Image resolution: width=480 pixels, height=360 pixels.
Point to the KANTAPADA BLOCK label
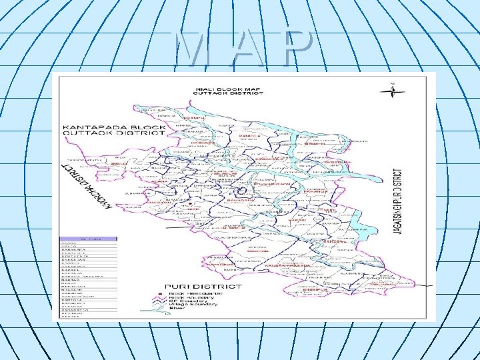coord(113,125)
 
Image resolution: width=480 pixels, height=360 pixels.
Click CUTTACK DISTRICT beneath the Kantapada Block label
coord(113,133)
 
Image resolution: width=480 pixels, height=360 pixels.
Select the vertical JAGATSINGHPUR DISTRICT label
coord(399,199)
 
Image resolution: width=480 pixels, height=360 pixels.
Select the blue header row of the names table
coord(88,239)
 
